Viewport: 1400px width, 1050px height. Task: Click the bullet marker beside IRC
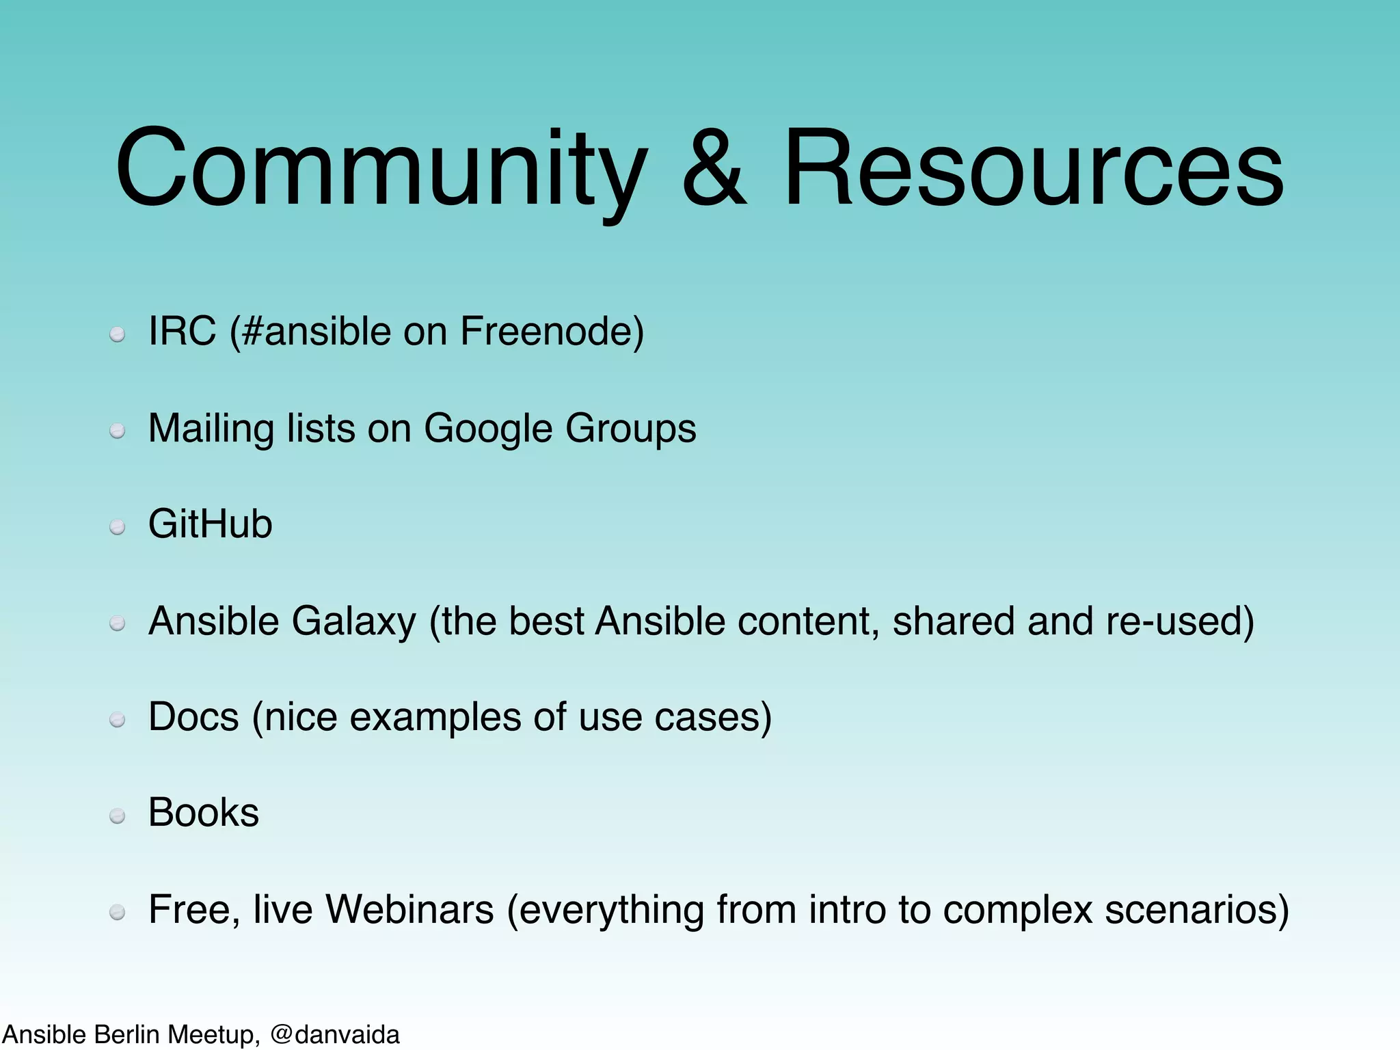[x=118, y=334]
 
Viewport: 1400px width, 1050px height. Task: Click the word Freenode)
[x=552, y=332]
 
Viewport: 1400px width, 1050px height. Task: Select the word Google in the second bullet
[x=487, y=429]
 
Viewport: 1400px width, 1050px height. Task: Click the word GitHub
[x=211, y=524]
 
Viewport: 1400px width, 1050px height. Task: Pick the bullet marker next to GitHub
[x=118, y=527]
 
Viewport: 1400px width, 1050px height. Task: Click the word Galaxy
[x=353, y=621]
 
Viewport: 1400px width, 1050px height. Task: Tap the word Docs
[x=193, y=717]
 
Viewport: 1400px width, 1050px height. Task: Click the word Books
[x=204, y=813]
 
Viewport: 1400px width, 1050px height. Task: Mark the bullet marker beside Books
[x=118, y=816]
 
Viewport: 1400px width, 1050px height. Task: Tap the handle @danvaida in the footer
[x=335, y=1034]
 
